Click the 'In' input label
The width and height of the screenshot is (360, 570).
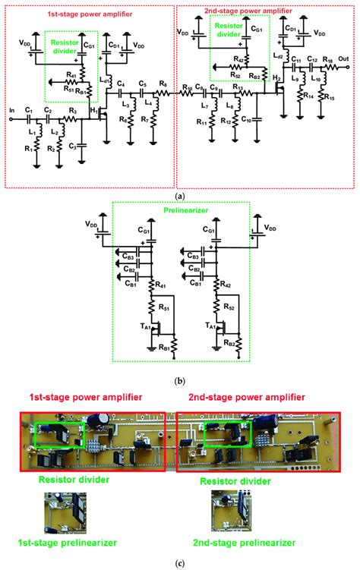click(11, 109)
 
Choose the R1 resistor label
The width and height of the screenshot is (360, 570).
click(27, 149)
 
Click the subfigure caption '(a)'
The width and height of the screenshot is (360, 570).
click(180, 195)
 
